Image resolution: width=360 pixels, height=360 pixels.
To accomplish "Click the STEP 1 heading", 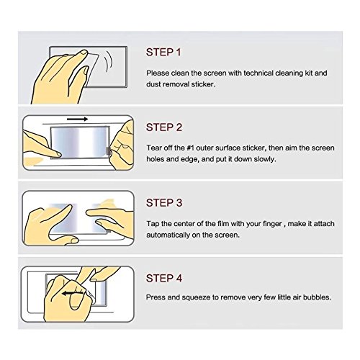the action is (x=163, y=53).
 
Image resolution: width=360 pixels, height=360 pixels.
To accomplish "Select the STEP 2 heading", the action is (x=164, y=127).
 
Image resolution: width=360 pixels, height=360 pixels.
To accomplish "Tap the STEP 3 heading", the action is (x=164, y=203).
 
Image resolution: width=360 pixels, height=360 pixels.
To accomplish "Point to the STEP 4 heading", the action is (x=164, y=278).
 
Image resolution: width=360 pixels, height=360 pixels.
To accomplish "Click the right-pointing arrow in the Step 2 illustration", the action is (x=77, y=119).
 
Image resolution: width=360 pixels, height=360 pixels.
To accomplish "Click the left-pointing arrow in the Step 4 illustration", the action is (x=73, y=293).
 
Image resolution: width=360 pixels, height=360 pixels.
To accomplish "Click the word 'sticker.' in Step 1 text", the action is (x=203, y=84).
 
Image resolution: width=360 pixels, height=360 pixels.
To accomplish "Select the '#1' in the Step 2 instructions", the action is (x=190, y=148).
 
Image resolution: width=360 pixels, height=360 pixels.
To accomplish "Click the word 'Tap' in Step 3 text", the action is (x=153, y=224).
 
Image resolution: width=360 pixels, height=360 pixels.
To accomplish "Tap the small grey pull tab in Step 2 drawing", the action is (x=108, y=151).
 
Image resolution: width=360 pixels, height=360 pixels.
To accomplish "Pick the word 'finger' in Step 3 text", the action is (x=272, y=224).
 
